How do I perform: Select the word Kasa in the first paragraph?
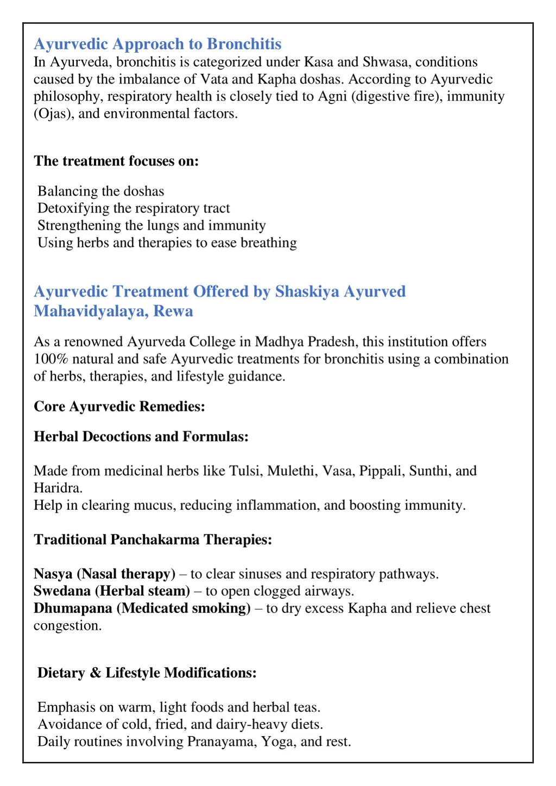click(x=319, y=62)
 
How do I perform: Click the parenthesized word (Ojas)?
click(x=54, y=114)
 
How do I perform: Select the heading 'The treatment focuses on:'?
click(x=116, y=161)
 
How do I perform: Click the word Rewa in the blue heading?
click(x=173, y=311)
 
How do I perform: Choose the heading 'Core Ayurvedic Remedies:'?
click(x=119, y=406)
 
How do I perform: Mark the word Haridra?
click(x=58, y=488)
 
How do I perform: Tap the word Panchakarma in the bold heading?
click(x=155, y=540)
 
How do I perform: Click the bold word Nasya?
click(x=53, y=574)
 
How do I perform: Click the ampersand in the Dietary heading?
click(x=95, y=673)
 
